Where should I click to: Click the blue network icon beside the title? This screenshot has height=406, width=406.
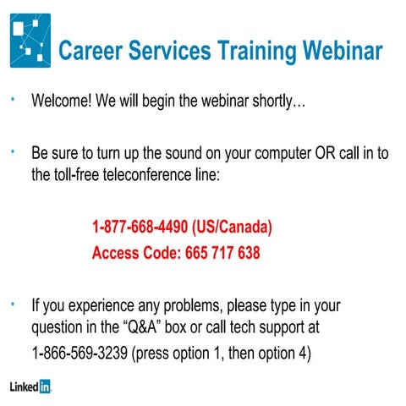tap(30, 41)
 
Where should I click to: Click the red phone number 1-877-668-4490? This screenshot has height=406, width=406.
tap(140, 228)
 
